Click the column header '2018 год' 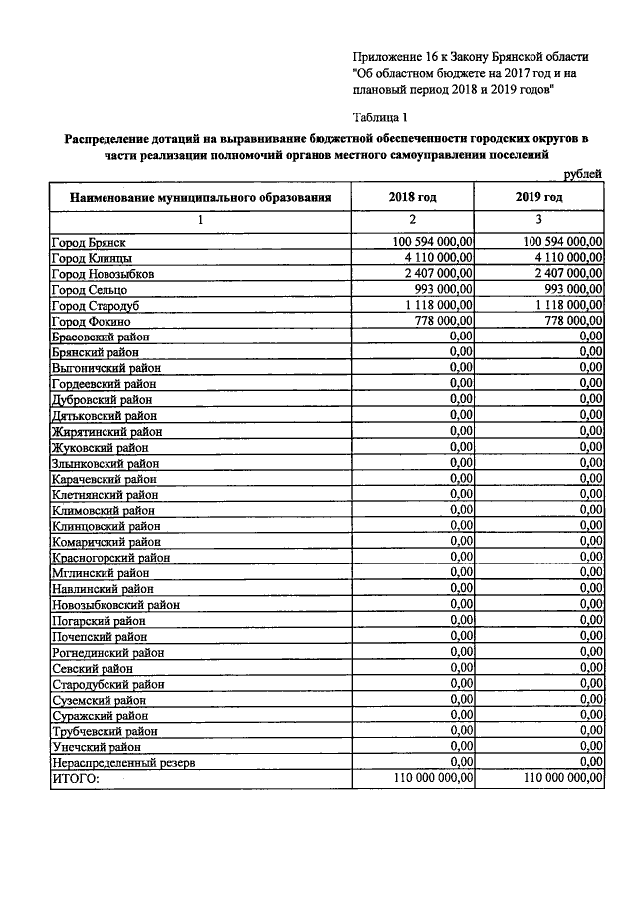point(412,198)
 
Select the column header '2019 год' point(538,198)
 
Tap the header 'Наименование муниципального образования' point(200,198)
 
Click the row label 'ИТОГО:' point(76,778)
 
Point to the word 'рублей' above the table point(582,175)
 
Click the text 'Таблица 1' point(380,117)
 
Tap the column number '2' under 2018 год point(412,219)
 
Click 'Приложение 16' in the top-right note point(394,56)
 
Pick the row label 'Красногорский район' point(110,558)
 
